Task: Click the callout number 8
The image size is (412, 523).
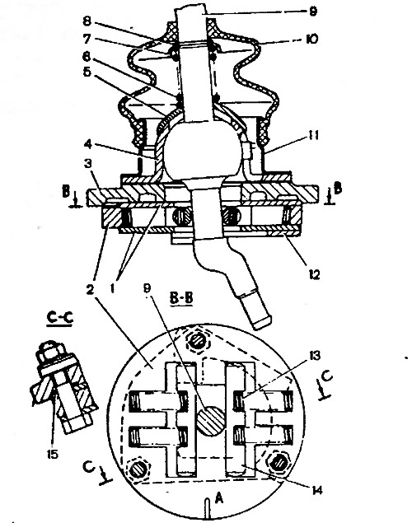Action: tap(87, 21)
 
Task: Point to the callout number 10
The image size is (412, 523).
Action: tap(312, 39)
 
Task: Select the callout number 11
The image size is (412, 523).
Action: tap(312, 135)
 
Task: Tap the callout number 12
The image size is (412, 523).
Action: tap(313, 274)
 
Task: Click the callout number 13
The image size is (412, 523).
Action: tap(314, 356)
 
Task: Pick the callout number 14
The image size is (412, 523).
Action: tap(317, 490)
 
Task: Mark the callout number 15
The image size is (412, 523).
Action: tap(52, 454)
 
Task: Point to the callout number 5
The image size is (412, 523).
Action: tap(87, 72)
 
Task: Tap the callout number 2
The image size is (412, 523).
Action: tap(90, 290)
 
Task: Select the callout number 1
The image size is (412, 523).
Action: tap(112, 287)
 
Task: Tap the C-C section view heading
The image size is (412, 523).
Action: tap(59, 318)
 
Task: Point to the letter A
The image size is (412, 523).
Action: tap(218, 498)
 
